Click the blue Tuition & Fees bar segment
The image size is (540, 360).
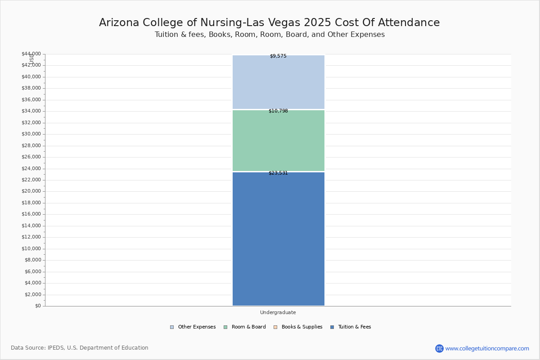(278, 238)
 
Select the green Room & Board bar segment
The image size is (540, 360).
(278, 140)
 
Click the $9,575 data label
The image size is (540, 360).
(278, 56)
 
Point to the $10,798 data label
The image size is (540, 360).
(278, 111)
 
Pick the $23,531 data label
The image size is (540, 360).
(278, 173)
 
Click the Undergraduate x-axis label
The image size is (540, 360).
(278, 313)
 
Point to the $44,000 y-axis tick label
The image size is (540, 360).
(31, 54)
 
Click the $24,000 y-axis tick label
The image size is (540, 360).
(31, 169)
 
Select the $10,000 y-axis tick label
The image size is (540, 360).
(31, 249)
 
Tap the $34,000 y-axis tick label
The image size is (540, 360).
(31, 111)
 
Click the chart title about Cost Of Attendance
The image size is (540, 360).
(270, 23)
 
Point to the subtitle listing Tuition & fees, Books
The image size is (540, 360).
(270, 35)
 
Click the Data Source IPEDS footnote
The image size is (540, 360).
(80, 348)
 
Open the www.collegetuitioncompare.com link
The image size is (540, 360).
(487, 348)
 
